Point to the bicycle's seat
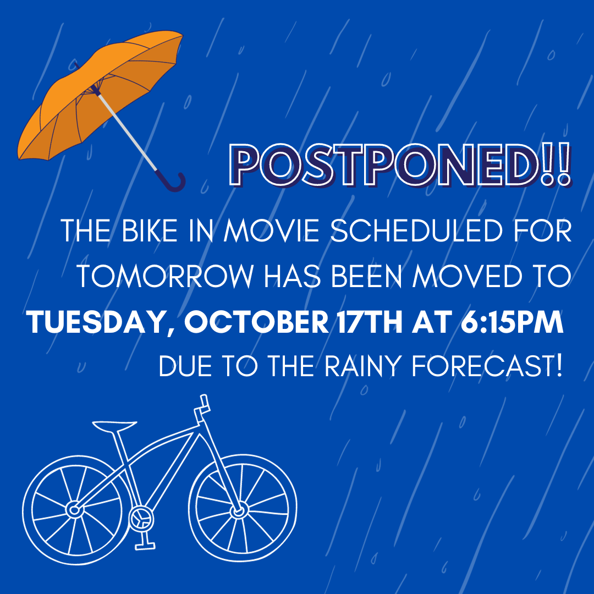pos(114,426)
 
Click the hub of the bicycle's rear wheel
pos(74,510)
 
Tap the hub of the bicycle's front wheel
pos(239,512)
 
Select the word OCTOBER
pos(256,322)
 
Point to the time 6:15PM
pos(512,322)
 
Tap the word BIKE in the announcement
pos(150,230)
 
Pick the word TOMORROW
pos(166,276)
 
